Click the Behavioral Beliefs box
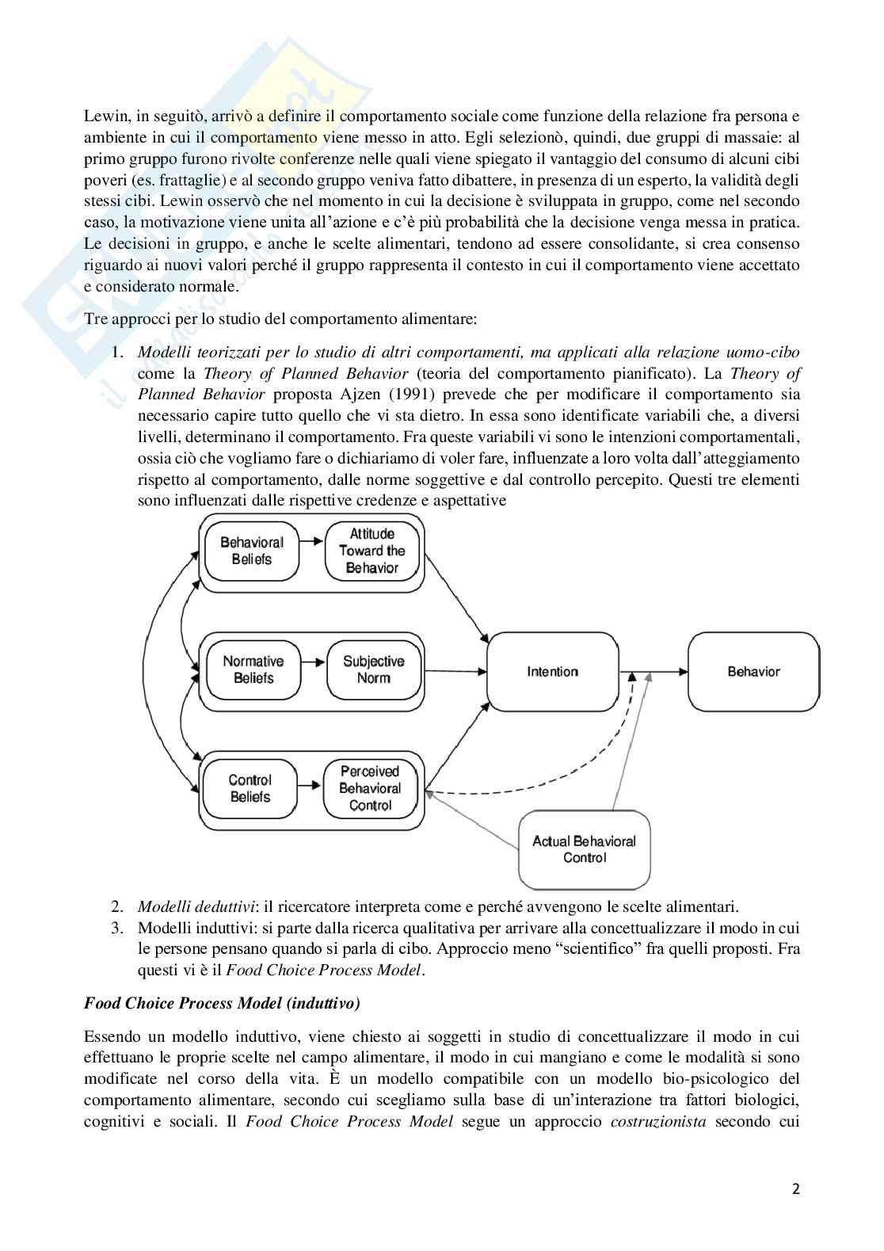[x=252, y=551]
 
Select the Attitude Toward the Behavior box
[x=372, y=551]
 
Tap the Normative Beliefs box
[x=253, y=669]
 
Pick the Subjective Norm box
[x=373, y=669]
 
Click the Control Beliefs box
[x=250, y=788]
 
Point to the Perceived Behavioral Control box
[x=370, y=788]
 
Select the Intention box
[x=552, y=672]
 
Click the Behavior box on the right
[x=753, y=672]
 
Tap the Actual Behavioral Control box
[x=584, y=849]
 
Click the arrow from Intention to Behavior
[x=653, y=672]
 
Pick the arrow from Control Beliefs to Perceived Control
[x=311, y=786]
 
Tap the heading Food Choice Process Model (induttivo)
[x=222, y=1004]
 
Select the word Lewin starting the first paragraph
[x=103, y=116]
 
